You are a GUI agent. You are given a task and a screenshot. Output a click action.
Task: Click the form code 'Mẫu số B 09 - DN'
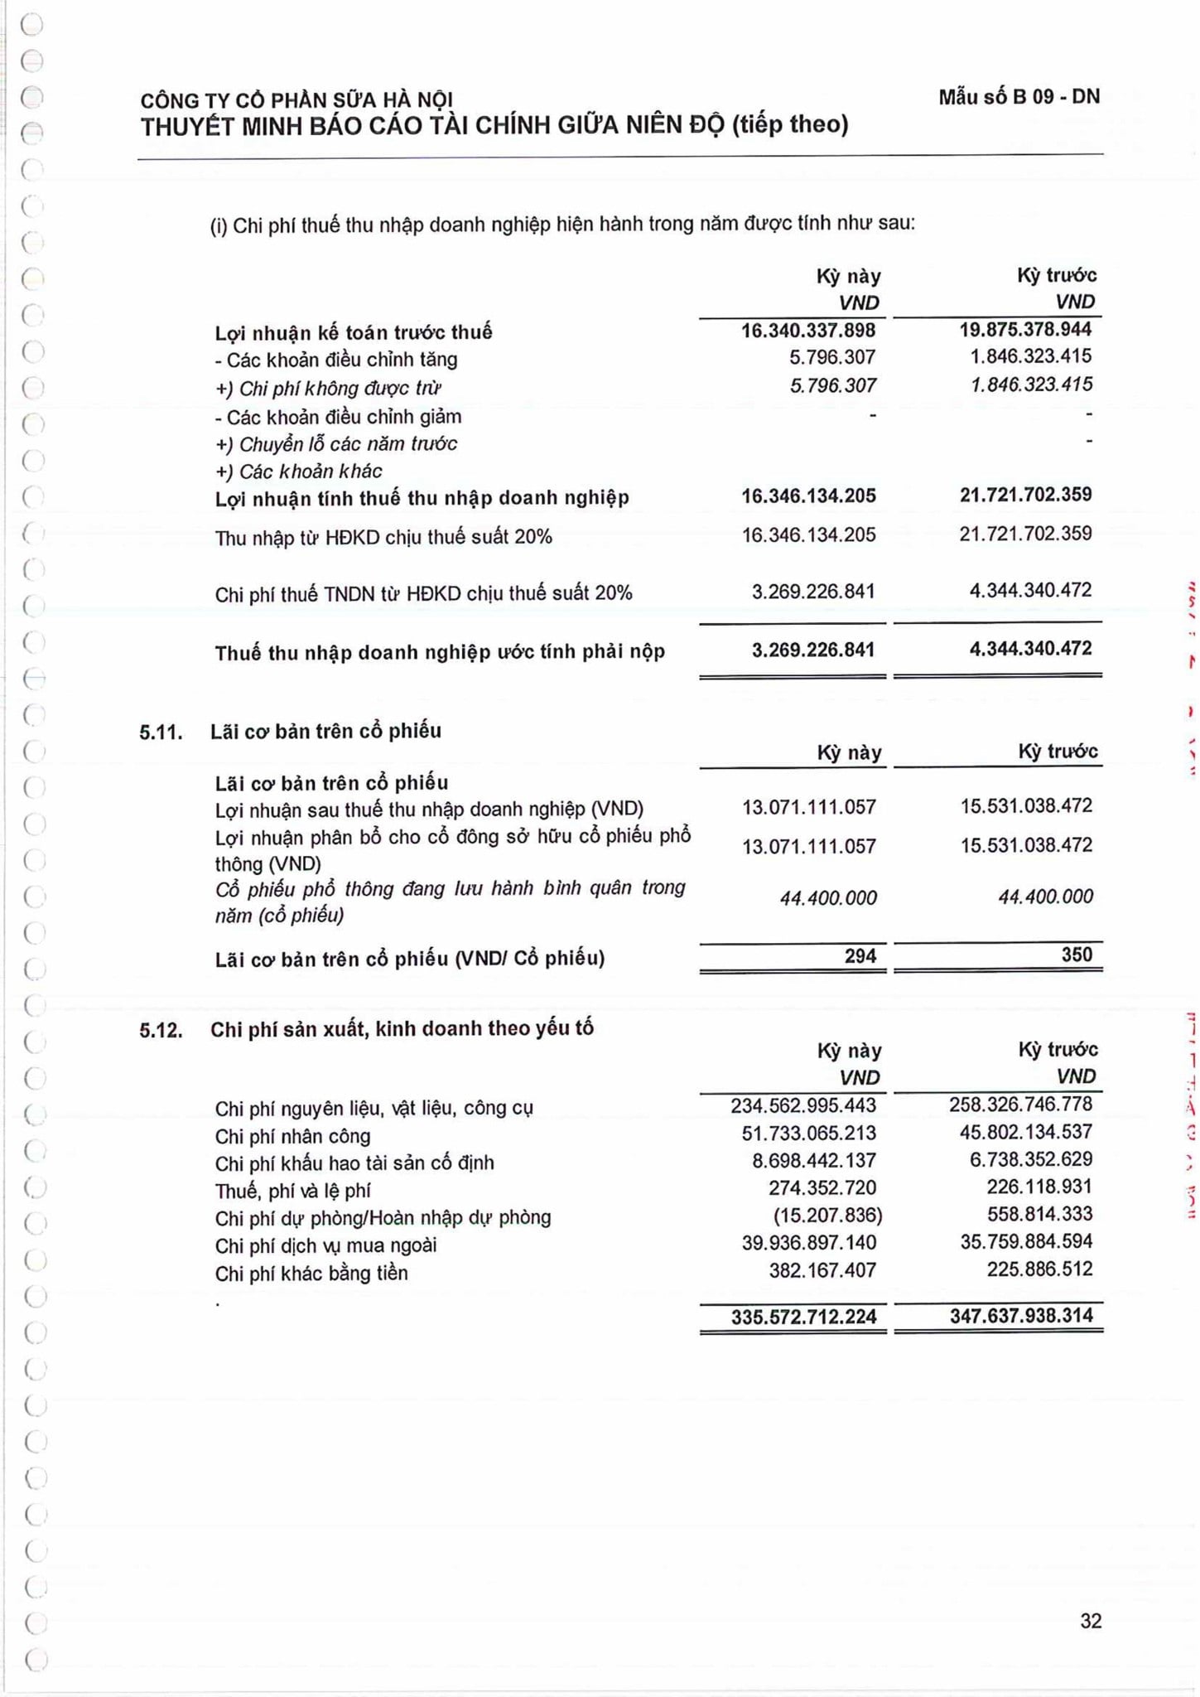pos(1019,97)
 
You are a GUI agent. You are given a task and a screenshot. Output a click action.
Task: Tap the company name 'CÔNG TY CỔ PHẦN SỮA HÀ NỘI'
pos(296,101)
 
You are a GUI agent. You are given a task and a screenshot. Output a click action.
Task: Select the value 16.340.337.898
pos(807,331)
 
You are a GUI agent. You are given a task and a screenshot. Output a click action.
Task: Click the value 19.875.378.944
pos(1025,330)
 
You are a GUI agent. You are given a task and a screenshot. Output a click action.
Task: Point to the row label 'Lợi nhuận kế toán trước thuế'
pos(354,333)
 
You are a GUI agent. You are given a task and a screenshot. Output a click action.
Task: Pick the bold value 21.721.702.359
pos(1025,496)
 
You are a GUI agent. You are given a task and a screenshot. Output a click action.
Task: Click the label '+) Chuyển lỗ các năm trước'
pos(336,444)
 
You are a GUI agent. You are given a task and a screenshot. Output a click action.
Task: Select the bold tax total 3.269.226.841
pos(812,650)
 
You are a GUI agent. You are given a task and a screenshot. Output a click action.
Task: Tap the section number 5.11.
pos(161,732)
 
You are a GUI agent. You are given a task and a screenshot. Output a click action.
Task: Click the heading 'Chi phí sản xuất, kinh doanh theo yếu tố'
pos(402,1029)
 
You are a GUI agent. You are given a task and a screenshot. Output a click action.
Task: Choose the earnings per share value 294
pos(860,956)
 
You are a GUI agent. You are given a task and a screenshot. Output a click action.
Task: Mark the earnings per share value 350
pos(1077,955)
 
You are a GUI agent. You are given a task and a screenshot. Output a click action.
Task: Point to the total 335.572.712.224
pos(803,1317)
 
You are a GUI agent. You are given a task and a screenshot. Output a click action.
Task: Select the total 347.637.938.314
pos(1021,1316)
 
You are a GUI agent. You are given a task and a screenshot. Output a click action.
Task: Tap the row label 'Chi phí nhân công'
pos(292,1136)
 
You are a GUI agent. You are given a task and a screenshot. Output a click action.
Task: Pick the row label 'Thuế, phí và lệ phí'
pos(292,1191)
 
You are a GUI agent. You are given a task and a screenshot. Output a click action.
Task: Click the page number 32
pos(1091,1621)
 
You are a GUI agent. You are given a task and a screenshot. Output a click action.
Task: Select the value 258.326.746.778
pos(1020,1105)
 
